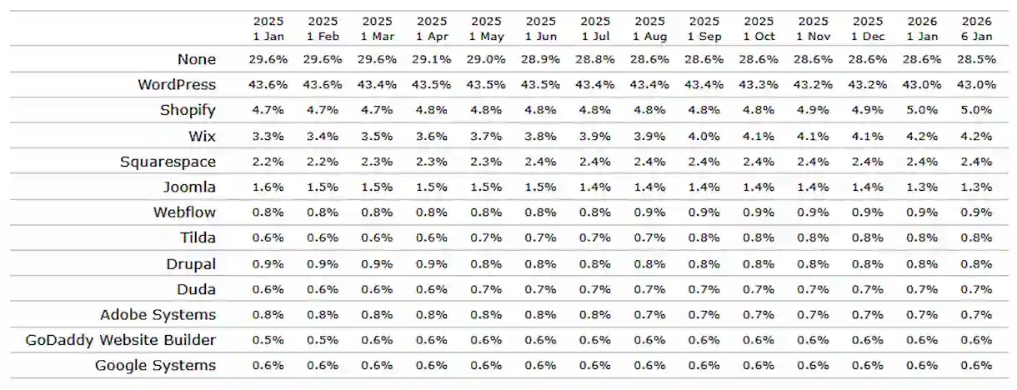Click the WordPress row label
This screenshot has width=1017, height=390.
pyautogui.click(x=177, y=84)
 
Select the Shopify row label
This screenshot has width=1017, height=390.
pyautogui.click(x=188, y=110)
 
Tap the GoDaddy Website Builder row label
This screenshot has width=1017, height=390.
pyautogui.click(x=121, y=340)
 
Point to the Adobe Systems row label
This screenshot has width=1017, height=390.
pyautogui.click(x=158, y=314)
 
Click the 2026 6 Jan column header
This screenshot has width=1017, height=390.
pyautogui.click(x=976, y=28)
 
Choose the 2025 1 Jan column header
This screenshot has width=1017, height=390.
pyautogui.click(x=269, y=28)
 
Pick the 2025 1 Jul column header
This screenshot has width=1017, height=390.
pyautogui.click(x=595, y=28)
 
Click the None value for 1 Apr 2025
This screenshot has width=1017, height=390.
pyautogui.click(x=432, y=59)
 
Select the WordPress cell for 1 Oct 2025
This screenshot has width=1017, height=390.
pyautogui.click(x=759, y=85)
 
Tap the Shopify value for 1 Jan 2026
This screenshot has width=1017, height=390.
pyautogui.click(x=922, y=110)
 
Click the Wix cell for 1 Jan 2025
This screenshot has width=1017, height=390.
pyautogui.click(x=269, y=136)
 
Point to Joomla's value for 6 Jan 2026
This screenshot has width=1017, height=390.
pyautogui.click(x=976, y=187)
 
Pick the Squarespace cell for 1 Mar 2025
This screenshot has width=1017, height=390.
pyautogui.click(x=378, y=162)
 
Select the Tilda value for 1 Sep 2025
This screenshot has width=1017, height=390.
pyautogui.click(x=704, y=238)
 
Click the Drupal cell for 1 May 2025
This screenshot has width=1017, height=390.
pyautogui.click(x=487, y=263)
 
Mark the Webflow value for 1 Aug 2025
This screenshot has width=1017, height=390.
pyautogui.click(x=649, y=212)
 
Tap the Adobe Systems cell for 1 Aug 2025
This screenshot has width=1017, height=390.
pyautogui.click(x=649, y=315)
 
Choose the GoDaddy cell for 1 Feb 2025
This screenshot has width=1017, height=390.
pyautogui.click(x=323, y=340)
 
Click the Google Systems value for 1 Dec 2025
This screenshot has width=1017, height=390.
pyautogui.click(x=867, y=366)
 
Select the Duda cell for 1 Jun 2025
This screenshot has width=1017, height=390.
pyautogui.click(x=541, y=289)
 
